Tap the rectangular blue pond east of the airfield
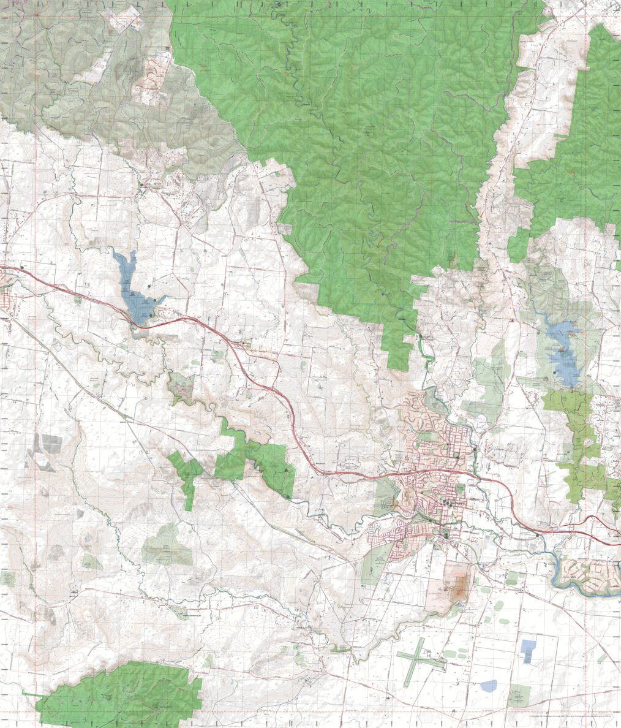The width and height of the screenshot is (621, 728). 527,650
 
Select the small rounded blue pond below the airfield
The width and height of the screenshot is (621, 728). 488,685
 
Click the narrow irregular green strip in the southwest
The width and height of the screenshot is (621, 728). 187,478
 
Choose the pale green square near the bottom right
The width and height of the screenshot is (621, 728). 519,696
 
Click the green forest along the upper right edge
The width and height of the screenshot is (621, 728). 588,153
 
